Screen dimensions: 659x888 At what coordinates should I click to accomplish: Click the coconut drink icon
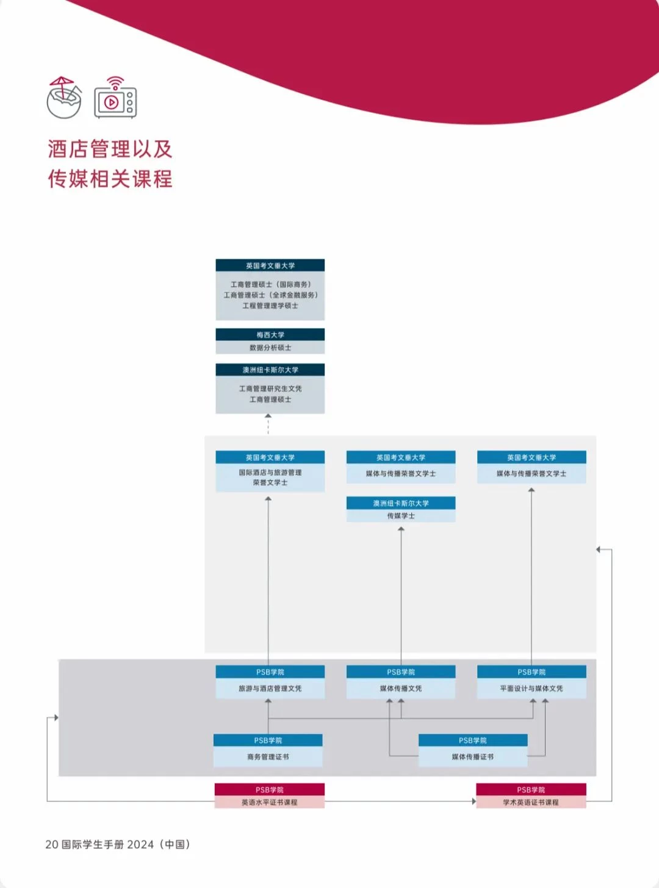[x=64, y=98]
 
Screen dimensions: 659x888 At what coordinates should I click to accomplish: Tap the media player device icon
[x=115, y=98]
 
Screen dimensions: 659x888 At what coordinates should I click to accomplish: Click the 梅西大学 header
[x=270, y=334]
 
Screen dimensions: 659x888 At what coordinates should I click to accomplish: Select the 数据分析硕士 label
[x=270, y=348]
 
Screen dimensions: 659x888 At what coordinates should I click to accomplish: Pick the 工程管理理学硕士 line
[x=270, y=306]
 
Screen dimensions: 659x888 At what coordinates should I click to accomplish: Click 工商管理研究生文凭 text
[x=270, y=389]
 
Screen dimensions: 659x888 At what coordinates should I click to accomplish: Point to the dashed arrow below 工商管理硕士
[x=268, y=424]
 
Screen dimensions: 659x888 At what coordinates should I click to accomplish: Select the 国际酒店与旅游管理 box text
[x=270, y=473]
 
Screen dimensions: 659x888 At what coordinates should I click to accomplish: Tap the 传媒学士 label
[x=401, y=516]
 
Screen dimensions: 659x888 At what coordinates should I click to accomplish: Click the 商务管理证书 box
[x=268, y=750]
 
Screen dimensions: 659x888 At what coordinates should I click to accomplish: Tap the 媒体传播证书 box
[x=473, y=750]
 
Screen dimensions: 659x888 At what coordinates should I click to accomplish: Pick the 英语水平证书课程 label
[x=269, y=803]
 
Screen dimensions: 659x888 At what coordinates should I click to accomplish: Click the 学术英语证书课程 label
[x=531, y=803]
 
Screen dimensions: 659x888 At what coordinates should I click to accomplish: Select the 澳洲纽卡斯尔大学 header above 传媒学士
[x=401, y=503]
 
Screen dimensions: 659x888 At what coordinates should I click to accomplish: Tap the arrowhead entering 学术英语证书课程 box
[x=474, y=801]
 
